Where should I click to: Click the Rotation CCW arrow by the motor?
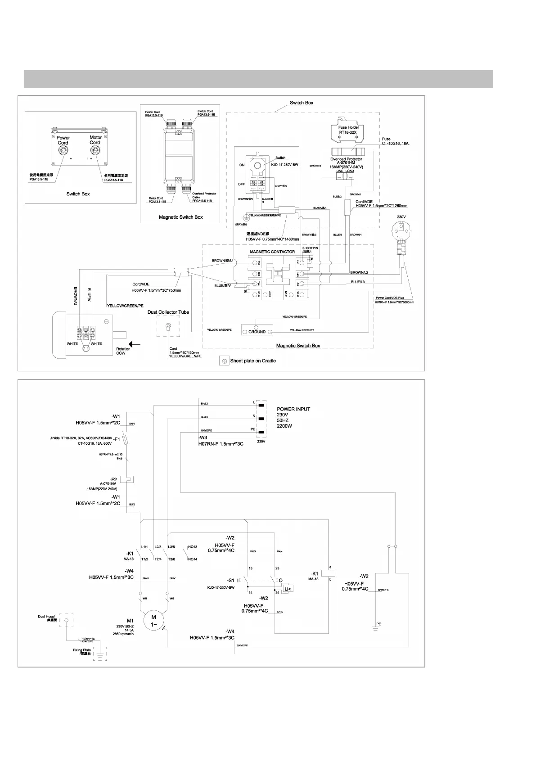(134, 344)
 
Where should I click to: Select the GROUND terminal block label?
(257, 332)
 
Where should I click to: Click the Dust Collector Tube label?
(168, 312)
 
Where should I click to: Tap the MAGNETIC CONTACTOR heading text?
(272, 252)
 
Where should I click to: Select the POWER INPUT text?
(293, 409)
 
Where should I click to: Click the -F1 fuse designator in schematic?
(116, 439)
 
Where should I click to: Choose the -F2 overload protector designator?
(113, 479)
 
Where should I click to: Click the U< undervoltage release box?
(288, 589)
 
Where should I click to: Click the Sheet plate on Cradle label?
(253, 361)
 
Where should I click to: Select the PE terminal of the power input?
(261, 433)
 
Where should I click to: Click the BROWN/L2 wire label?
(359, 273)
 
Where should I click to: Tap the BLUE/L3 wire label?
(358, 282)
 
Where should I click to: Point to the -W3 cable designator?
(203, 438)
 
